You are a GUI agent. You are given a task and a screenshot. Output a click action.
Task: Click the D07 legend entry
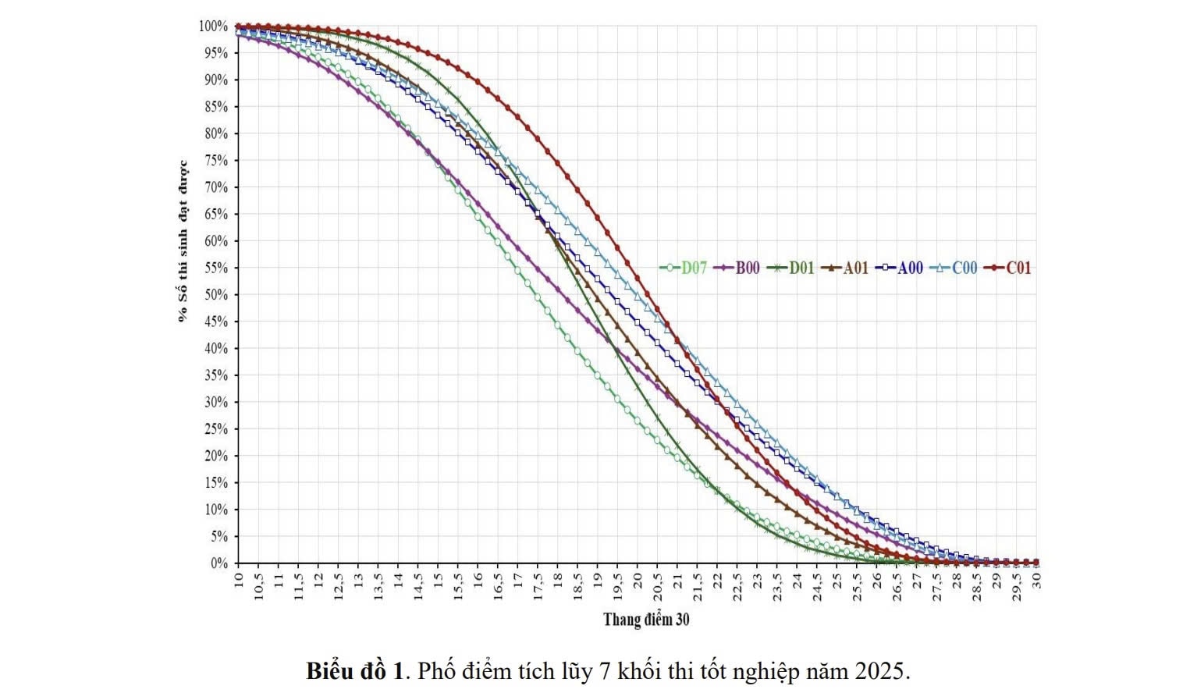pos(684,268)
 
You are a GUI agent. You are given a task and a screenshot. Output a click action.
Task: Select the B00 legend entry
pos(737,268)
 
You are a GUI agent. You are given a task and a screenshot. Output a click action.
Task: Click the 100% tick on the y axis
pos(213,27)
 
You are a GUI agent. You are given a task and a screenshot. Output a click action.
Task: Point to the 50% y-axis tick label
pos(216,295)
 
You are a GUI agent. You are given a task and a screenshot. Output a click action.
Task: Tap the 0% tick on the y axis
pos(219,563)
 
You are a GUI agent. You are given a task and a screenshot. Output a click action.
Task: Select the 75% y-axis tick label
pos(216,161)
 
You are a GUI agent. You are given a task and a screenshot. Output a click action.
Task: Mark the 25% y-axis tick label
pos(216,429)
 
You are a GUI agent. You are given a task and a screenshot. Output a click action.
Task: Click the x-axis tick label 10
pos(239,579)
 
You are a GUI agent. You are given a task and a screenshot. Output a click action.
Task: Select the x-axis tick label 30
pos(1037,579)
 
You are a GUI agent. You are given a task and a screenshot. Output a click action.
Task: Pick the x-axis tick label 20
pos(638,579)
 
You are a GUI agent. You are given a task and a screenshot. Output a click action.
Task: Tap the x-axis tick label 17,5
pos(538,586)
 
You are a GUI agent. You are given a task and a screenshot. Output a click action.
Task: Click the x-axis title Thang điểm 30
pos(646,620)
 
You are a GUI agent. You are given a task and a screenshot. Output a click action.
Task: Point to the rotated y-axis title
pos(183,241)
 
